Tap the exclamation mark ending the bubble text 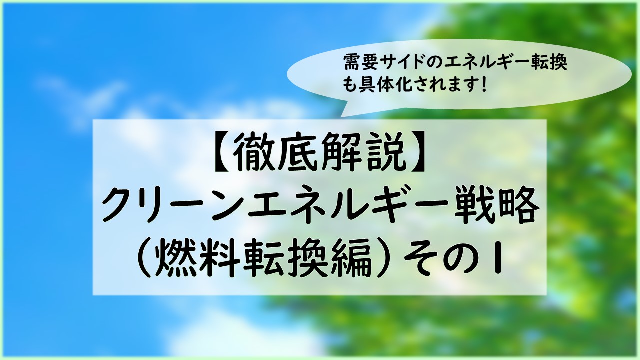(483, 85)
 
